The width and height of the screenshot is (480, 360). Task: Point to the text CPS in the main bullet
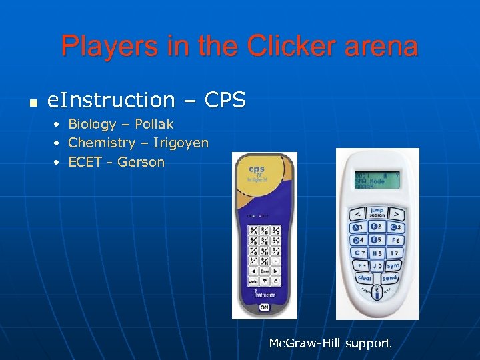(225, 100)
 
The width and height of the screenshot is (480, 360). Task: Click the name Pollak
(154, 124)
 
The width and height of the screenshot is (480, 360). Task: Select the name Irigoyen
(181, 143)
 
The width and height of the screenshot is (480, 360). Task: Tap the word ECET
(85, 162)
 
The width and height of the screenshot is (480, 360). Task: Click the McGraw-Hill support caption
(329, 343)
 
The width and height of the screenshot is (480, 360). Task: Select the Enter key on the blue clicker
(264, 271)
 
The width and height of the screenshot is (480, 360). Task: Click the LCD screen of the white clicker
(377, 179)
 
